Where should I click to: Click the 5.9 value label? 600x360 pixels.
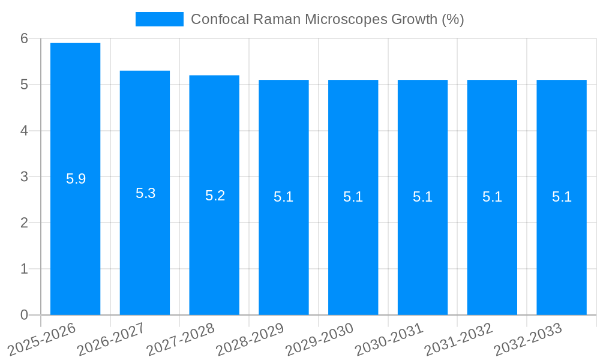[76, 179]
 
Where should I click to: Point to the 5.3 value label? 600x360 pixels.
[146, 193]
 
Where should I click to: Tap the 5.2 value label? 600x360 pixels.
[215, 196]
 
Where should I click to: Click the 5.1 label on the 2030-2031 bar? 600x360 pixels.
[423, 197]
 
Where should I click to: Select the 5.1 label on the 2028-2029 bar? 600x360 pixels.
[284, 197]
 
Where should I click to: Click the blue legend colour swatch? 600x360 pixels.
[159, 19]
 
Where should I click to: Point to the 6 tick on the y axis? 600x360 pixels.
[24, 38]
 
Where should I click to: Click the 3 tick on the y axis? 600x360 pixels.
[24, 177]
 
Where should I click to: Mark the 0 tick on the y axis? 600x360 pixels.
[24, 315]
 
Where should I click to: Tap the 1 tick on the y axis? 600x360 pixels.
[24, 269]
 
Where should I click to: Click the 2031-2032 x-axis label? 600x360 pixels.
[459, 339]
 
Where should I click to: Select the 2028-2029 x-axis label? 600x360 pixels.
[250, 339]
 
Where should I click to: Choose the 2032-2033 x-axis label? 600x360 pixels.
[528, 339]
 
